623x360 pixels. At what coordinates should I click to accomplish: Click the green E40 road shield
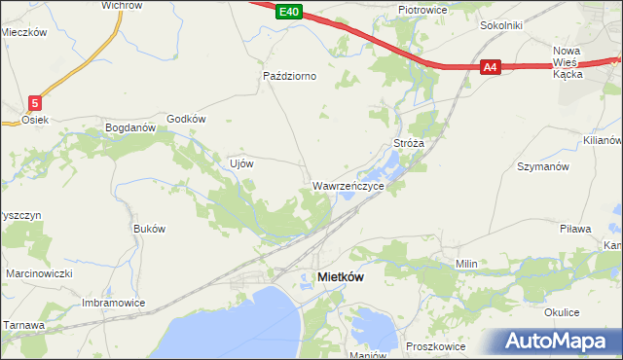pos(286,12)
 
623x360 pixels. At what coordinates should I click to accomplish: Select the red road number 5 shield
pos(35,102)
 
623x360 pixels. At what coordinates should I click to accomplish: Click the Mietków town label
pos(341,277)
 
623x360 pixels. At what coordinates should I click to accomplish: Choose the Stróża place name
pos(409,143)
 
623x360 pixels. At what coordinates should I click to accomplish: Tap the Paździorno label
pos(290,75)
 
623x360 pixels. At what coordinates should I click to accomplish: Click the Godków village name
pos(187,119)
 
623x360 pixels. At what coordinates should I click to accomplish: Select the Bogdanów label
pos(130,127)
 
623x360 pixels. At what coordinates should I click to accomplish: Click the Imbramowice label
pos(113,303)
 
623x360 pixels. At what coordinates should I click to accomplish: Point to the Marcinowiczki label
pos(39,274)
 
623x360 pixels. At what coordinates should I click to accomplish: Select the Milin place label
pos(465,264)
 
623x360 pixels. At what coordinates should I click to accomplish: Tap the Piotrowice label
pos(421,10)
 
